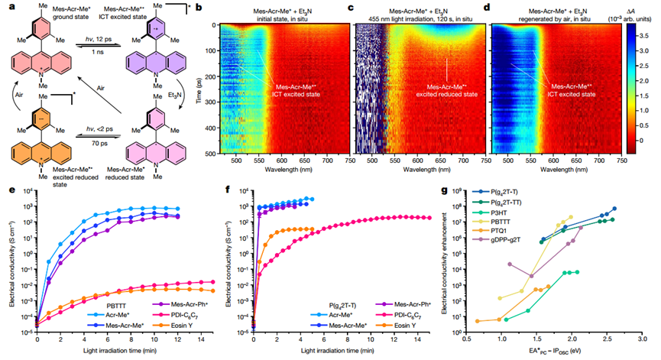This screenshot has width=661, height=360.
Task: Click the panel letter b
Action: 199,7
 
